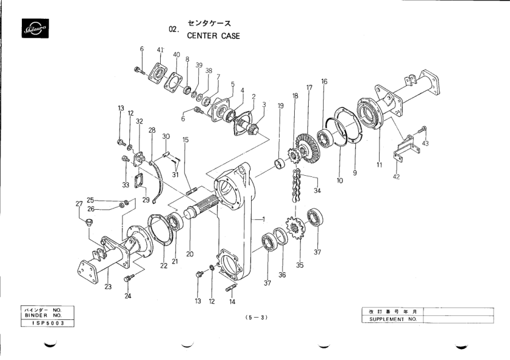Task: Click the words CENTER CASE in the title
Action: click(213, 36)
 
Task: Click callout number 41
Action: click(161, 49)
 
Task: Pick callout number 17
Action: click(309, 87)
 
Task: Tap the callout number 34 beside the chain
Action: click(317, 190)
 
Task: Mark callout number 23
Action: click(108, 287)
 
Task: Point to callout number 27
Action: click(79, 204)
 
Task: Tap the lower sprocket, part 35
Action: click(296, 233)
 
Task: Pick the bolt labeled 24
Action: click(128, 278)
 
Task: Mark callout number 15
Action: click(186, 139)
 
